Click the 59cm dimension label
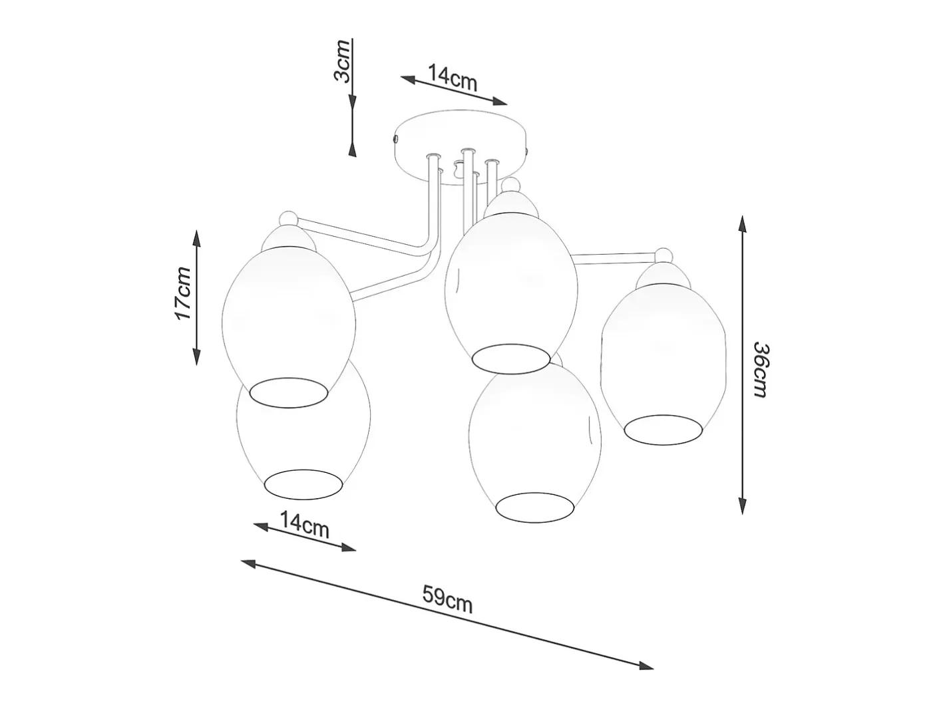click(x=447, y=599)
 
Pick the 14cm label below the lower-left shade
click(x=304, y=525)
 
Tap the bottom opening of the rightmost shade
click(x=663, y=430)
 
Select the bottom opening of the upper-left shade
click(x=289, y=393)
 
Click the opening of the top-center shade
click(x=510, y=358)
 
